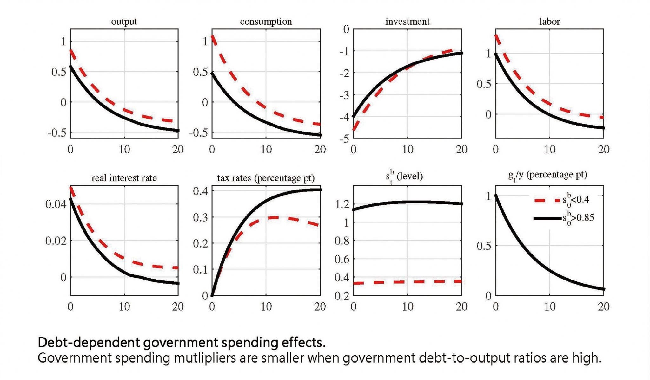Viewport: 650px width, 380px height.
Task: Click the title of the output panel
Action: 124,22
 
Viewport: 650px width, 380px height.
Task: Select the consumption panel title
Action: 266,22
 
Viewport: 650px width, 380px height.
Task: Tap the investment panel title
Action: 407,22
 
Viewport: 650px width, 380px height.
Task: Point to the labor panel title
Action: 549,22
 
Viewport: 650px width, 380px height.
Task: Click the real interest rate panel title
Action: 124,178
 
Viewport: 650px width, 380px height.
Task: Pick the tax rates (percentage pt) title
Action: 266,178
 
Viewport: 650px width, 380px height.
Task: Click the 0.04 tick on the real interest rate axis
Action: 56,204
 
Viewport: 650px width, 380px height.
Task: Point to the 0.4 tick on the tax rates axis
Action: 200,191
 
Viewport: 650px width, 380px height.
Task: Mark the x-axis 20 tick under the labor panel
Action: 603,150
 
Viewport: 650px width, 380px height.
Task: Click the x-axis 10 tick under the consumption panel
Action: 266,150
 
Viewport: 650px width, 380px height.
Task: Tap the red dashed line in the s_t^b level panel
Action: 408,282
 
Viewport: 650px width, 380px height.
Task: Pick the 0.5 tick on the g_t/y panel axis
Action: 484,246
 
